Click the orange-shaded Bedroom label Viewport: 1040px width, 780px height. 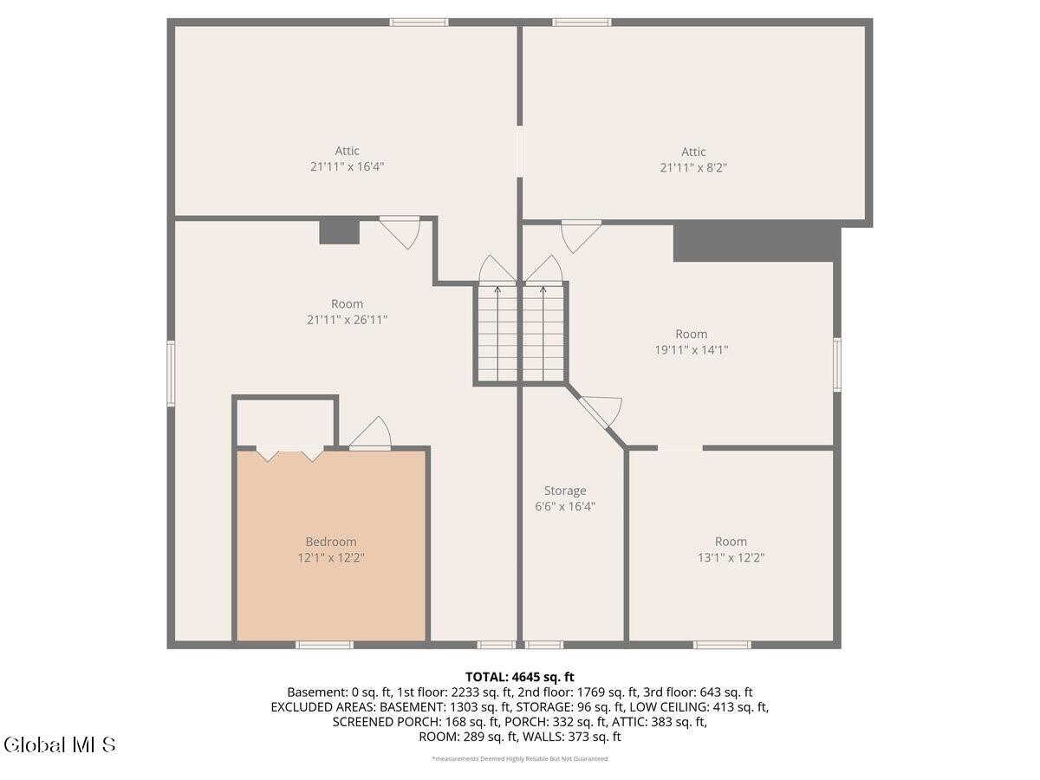pyautogui.click(x=330, y=542)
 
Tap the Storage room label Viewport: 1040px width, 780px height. pyautogui.click(x=565, y=491)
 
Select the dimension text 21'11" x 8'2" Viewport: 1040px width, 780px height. pyautogui.click(x=692, y=168)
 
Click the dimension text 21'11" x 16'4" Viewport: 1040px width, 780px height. pyautogui.click(x=347, y=166)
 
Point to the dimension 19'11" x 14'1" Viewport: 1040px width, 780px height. pyautogui.click(x=691, y=350)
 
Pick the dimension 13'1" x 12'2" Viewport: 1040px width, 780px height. pyautogui.click(x=731, y=557)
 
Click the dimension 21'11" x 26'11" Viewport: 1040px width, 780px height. pyautogui.click(x=347, y=320)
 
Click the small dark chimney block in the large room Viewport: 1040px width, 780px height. pyautogui.click(x=339, y=231)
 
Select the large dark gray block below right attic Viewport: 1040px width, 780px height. pyautogui.click(x=756, y=243)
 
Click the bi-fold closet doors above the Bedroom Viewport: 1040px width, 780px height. pyautogui.click(x=290, y=453)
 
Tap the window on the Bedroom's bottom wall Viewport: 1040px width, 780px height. pyautogui.click(x=324, y=645)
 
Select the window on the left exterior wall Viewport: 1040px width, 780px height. pyautogui.click(x=171, y=374)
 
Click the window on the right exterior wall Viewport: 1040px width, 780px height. pyautogui.click(x=837, y=364)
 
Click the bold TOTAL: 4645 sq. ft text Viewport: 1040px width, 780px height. pyautogui.click(x=519, y=677)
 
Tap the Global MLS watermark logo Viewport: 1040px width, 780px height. pyautogui.click(x=59, y=744)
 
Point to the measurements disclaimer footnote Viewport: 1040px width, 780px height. pyautogui.click(x=519, y=759)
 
